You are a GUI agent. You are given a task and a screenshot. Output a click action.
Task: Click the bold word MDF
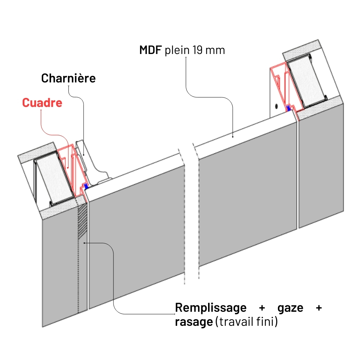(151, 50)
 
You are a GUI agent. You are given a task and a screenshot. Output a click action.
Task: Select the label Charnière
(68, 78)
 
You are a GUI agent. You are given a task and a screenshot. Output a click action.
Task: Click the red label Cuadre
(42, 103)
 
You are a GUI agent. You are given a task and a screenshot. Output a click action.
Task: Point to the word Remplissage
(211, 308)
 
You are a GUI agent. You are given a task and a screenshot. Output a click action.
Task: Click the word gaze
(291, 308)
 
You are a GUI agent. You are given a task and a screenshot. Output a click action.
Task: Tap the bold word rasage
(194, 322)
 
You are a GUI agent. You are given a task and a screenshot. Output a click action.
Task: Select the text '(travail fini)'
(247, 322)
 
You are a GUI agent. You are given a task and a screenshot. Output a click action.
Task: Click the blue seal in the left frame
(86, 186)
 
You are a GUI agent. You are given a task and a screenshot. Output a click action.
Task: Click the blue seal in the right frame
(289, 107)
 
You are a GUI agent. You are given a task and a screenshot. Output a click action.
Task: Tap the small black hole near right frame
(276, 106)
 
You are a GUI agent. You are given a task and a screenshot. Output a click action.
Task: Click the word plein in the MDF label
(177, 50)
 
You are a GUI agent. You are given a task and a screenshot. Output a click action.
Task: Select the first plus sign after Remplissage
(262, 308)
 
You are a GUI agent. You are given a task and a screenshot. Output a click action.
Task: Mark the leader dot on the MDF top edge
(233, 136)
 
